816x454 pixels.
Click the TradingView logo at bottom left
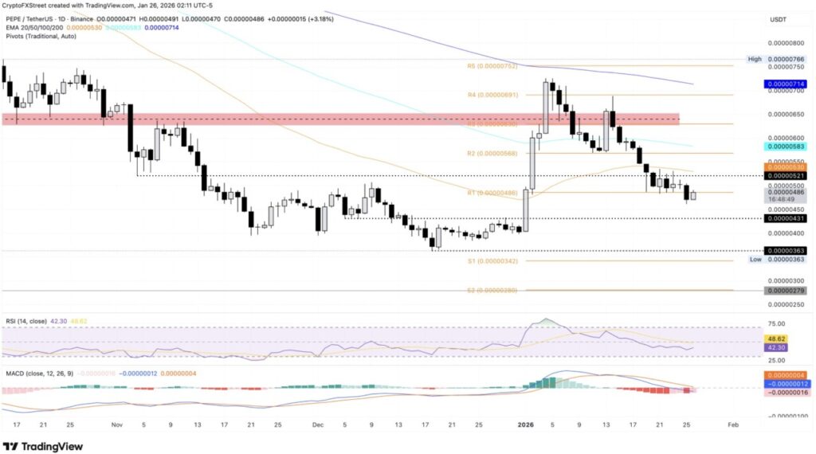pyautogui.click(x=44, y=446)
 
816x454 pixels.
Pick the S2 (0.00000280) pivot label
pyautogui.click(x=492, y=291)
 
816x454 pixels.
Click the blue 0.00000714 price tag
pyautogui.click(x=785, y=84)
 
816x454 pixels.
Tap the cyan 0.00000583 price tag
pyautogui.click(x=785, y=147)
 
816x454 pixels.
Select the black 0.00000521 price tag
pyautogui.click(x=785, y=175)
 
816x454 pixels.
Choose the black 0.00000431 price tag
pyautogui.click(x=785, y=218)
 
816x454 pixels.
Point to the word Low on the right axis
pyautogui.click(x=755, y=260)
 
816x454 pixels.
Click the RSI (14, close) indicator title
pyautogui.click(x=25, y=320)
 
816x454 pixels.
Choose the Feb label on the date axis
pyautogui.click(x=733, y=426)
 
